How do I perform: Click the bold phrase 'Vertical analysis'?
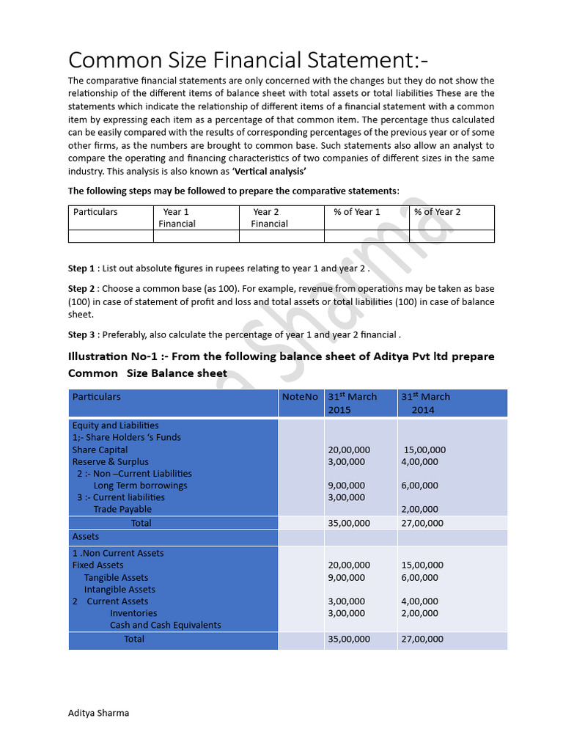(269, 171)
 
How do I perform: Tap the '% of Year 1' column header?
(357, 212)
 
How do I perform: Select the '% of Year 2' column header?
(438, 212)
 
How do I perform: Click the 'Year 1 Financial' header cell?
(177, 218)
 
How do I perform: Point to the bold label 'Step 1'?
(81, 268)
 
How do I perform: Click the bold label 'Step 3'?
(81, 334)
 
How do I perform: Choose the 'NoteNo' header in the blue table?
(301, 397)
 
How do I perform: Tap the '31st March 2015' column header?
(352, 403)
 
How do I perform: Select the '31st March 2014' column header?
(425, 403)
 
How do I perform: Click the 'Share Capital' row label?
(100, 450)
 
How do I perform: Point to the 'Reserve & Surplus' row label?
(110, 461)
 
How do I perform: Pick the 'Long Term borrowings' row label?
(140, 486)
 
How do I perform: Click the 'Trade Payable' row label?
(122, 509)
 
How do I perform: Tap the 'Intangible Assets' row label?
(119, 589)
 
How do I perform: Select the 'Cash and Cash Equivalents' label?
(165, 625)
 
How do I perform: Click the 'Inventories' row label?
(133, 613)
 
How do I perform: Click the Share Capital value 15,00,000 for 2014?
(424, 450)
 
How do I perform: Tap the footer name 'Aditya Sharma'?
(98, 713)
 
